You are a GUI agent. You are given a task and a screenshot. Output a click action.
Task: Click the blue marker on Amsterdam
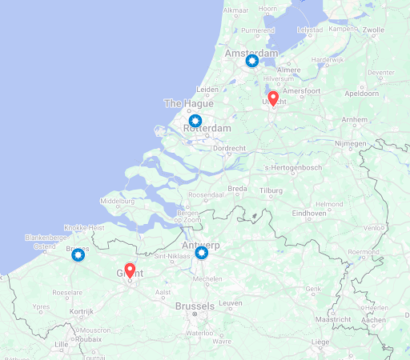[x=252, y=61]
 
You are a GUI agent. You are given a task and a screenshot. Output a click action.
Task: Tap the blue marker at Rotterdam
[x=195, y=121]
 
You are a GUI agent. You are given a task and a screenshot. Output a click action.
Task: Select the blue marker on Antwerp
[x=202, y=253]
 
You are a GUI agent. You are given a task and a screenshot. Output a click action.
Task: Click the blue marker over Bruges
[x=78, y=254]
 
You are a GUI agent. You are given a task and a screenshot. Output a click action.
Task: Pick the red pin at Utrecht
[x=272, y=98]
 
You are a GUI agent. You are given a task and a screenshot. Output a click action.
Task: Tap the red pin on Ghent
[x=130, y=270]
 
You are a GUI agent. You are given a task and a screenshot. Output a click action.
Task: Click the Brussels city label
[x=194, y=306]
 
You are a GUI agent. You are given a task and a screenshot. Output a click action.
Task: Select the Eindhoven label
[x=309, y=214]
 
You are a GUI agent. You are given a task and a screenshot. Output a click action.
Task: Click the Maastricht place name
[x=333, y=319]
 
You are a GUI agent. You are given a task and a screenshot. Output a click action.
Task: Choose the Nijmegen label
[x=349, y=143]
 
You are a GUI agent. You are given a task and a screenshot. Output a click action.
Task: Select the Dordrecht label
[x=229, y=148]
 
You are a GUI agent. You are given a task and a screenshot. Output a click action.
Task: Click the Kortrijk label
[x=82, y=311]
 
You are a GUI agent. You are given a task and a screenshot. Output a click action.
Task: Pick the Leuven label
[x=231, y=303]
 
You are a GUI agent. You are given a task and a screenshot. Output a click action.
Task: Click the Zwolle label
[x=374, y=30]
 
